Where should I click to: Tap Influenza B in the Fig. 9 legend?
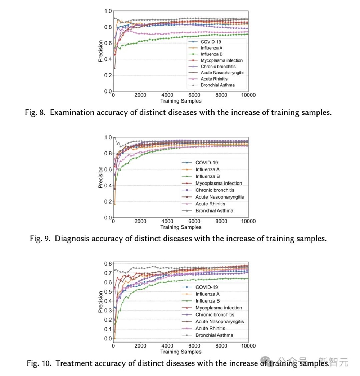207,176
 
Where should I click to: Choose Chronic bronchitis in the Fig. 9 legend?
215,190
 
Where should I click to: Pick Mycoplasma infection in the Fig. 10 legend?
219,308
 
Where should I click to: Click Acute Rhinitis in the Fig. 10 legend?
210,329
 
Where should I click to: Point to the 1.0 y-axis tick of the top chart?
108,11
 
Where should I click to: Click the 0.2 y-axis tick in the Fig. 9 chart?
108,201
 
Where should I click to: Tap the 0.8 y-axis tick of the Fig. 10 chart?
108,264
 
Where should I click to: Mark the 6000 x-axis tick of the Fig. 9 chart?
194,221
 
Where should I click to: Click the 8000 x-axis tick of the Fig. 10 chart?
221,346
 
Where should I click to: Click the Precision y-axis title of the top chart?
101,51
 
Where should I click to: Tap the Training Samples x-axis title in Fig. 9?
181,227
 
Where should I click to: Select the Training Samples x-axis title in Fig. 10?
181,352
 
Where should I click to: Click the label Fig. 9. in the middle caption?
40,239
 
